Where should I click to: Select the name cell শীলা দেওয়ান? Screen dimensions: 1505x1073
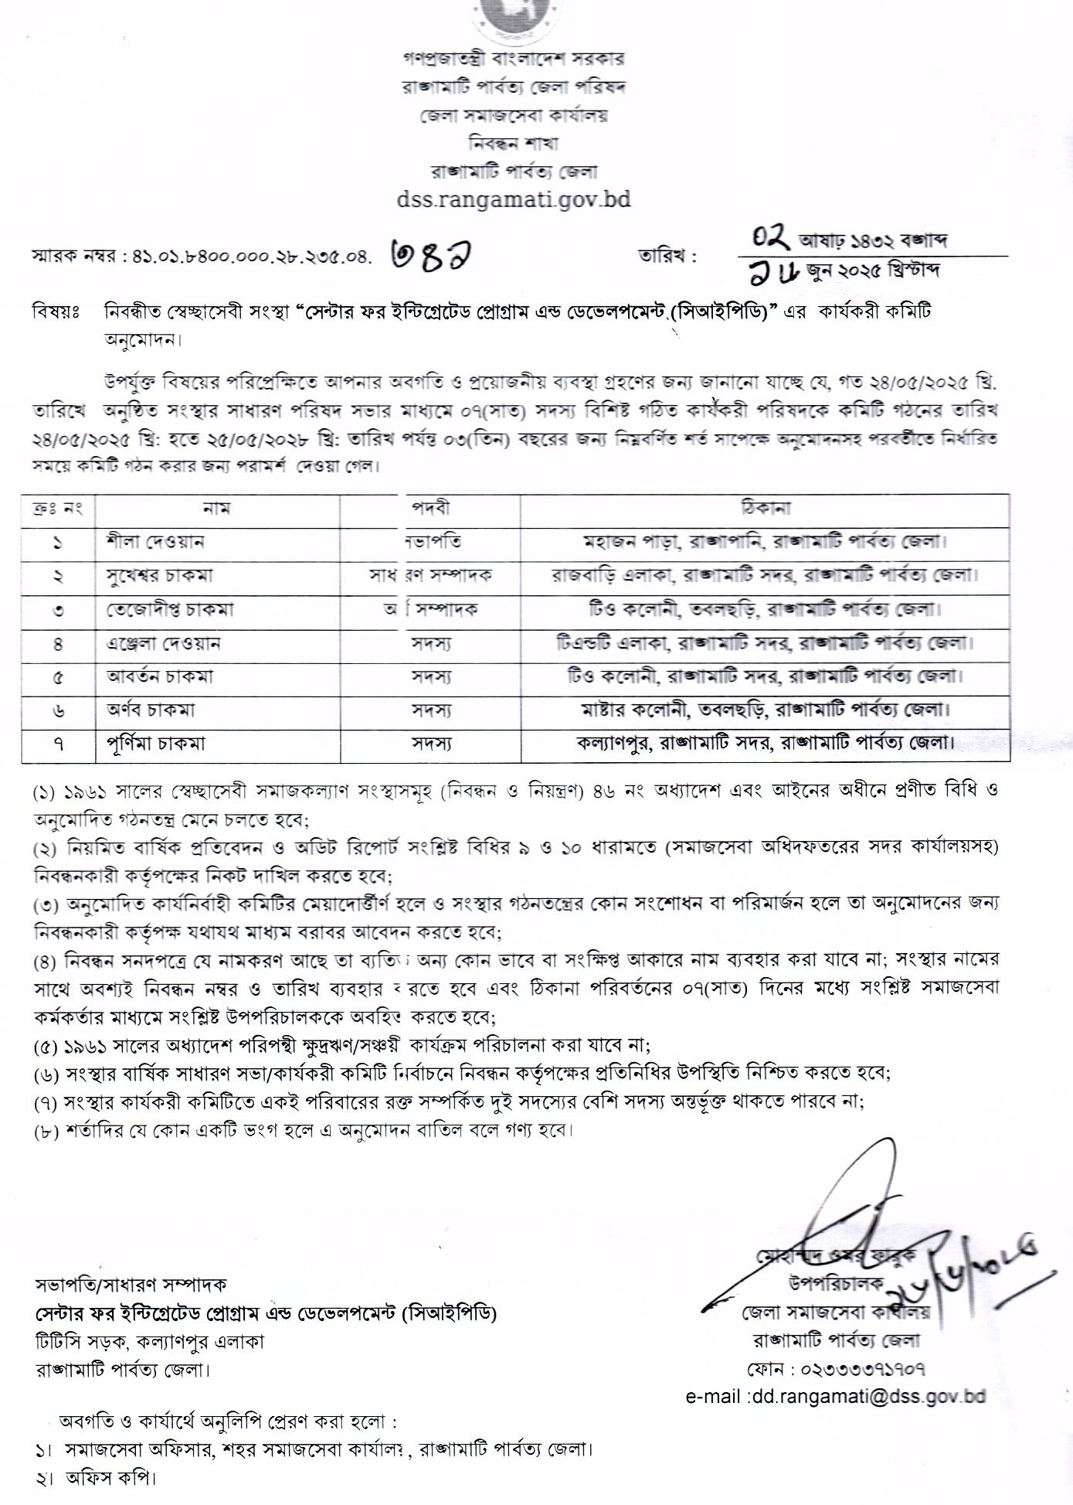[155, 542]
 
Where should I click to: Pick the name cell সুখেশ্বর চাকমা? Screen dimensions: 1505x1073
[160, 576]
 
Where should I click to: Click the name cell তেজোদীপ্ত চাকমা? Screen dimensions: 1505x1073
[170, 609]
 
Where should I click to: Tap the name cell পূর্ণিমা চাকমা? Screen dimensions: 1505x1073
[156, 744]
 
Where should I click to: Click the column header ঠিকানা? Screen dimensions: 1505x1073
[765, 509]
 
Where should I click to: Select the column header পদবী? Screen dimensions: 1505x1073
[430, 509]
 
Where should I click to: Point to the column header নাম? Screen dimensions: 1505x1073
[216, 509]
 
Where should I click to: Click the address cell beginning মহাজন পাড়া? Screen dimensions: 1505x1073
[765, 542]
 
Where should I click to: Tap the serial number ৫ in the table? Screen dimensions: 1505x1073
[58, 677]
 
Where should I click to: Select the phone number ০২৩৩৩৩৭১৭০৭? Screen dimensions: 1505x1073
[836, 1370]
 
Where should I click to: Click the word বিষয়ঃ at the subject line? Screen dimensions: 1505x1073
[56, 312]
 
